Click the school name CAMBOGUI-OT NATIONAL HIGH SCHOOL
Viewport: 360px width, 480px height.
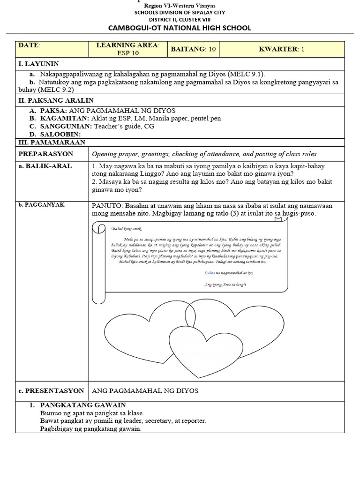click(180, 28)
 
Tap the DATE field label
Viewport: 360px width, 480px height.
click(30, 45)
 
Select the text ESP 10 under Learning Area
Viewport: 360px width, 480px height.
click(127, 53)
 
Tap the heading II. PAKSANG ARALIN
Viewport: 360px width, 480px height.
click(56, 100)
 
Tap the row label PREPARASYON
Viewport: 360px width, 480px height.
click(46, 154)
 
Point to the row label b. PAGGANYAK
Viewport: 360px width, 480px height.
click(42, 205)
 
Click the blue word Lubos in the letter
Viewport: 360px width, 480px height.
click(210, 272)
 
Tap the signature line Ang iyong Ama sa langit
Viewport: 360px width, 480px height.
click(225, 284)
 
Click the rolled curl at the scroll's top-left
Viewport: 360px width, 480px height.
click(99, 227)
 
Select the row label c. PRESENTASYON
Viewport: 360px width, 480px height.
click(51, 390)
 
